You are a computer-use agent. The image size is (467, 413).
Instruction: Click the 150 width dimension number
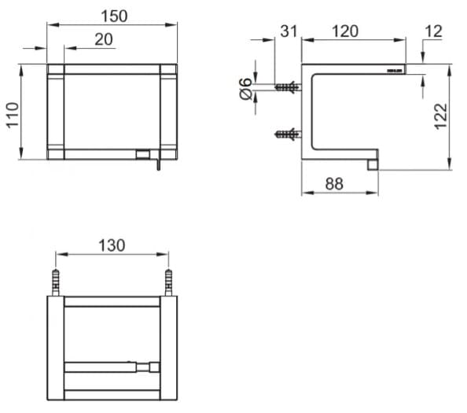(116, 15)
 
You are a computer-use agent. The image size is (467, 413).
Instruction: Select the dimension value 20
(104, 39)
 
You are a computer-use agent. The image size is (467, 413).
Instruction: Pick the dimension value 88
(334, 184)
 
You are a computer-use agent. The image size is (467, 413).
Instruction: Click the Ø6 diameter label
(245, 89)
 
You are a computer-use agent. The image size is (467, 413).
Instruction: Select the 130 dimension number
(111, 245)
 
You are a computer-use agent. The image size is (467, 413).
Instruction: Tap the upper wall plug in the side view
(287, 87)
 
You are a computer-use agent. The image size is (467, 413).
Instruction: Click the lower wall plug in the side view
(287, 134)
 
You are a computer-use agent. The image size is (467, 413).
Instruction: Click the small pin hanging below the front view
(157, 164)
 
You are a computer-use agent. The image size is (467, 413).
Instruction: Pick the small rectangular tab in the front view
(143, 153)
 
